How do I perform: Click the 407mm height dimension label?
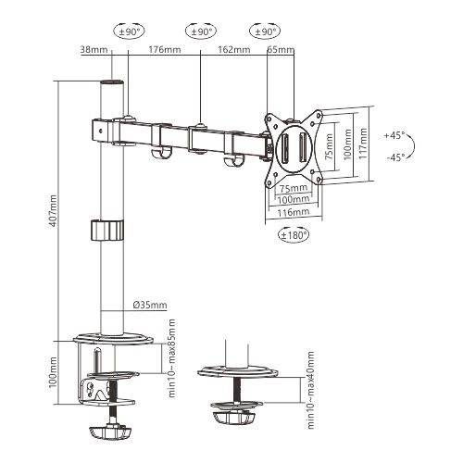[53, 209]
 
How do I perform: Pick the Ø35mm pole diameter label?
[149, 304]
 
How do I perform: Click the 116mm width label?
[294, 212]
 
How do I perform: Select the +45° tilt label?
[394, 135]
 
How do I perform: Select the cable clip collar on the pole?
[107, 229]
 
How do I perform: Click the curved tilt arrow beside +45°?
[414, 145]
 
